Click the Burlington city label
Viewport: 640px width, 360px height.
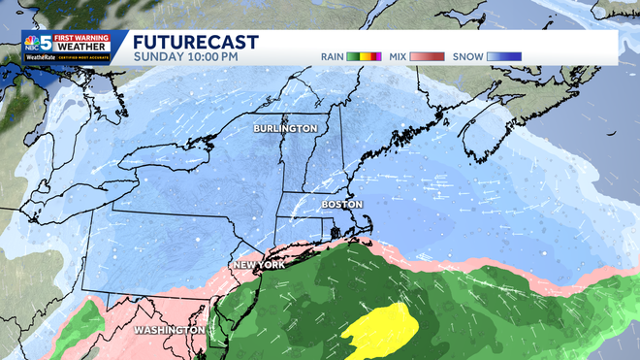[x=285, y=129]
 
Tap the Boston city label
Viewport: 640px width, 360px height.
[x=341, y=205]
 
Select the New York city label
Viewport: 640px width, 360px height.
[x=258, y=265]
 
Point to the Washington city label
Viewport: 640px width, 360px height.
[x=170, y=330]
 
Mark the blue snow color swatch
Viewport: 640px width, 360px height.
[x=504, y=56]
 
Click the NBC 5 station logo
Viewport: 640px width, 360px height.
[x=40, y=45]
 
